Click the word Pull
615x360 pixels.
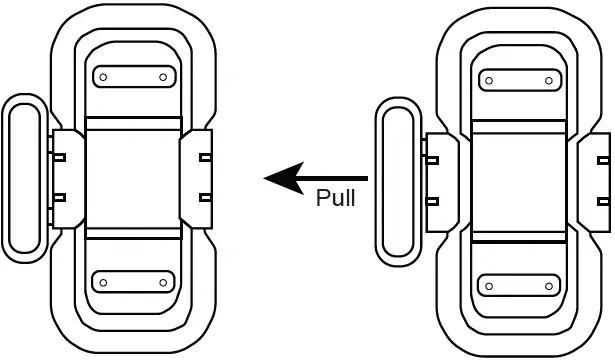click(335, 197)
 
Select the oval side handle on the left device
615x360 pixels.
click(24, 177)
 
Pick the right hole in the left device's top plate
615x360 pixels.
click(162, 76)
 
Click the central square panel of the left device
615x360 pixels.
click(134, 178)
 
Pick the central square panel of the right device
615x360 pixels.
click(518, 181)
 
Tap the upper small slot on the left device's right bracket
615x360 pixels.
click(205, 157)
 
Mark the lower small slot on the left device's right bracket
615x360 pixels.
click(205, 197)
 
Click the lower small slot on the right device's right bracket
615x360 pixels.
click(604, 200)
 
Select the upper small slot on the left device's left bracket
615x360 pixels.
click(60, 157)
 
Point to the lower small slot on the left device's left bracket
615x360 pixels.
click(60, 197)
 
